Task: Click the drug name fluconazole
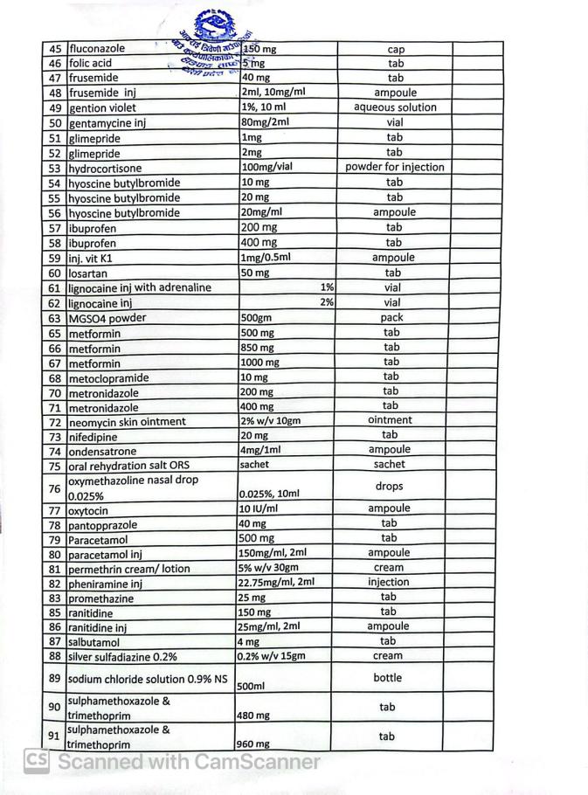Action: click(x=97, y=49)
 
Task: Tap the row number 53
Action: click(x=54, y=168)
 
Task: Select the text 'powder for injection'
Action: click(x=394, y=167)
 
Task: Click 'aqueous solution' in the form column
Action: click(x=395, y=107)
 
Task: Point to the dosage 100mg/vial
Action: click(x=266, y=167)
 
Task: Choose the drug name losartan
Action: click(x=88, y=273)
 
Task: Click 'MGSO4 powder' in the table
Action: click(x=107, y=318)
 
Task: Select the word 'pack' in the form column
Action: click(x=391, y=318)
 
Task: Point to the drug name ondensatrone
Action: click(x=102, y=452)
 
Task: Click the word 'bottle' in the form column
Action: click(x=388, y=678)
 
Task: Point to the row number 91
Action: click(x=54, y=736)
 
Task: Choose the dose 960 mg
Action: click(x=254, y=744)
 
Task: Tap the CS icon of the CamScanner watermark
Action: click(x=36, y=761)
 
